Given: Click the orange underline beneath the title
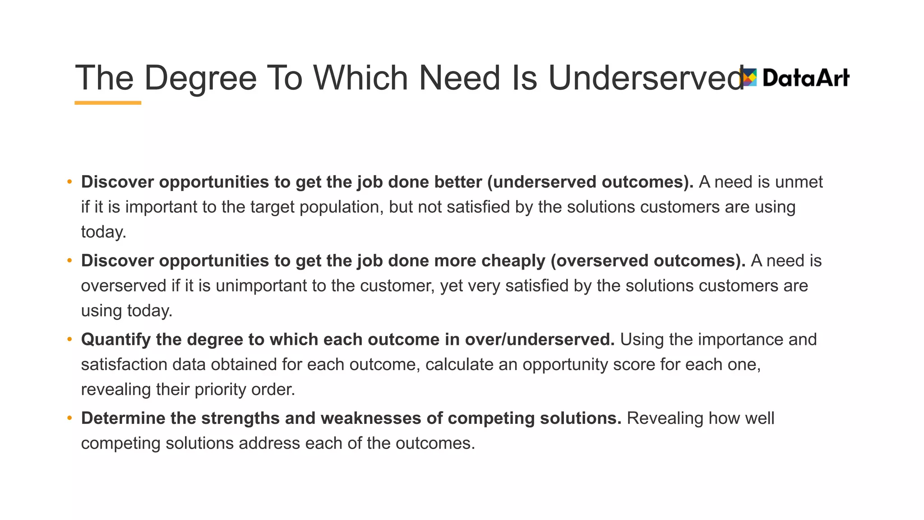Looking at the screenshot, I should (108, 103).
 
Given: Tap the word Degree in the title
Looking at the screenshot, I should (200, 78).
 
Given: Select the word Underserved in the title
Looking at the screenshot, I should (645, 78).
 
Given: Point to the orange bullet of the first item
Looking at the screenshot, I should (69, 182).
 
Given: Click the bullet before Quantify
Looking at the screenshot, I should (69, 339).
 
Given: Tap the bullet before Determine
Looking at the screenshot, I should (69, 418).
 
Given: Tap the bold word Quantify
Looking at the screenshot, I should (115, 339).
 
